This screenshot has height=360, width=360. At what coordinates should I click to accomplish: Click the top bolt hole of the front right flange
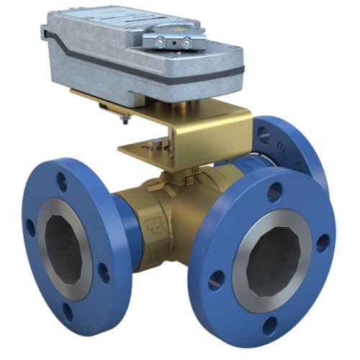click(x=274, y=192)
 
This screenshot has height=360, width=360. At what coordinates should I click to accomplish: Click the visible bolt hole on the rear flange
click(x=265, y=132)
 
